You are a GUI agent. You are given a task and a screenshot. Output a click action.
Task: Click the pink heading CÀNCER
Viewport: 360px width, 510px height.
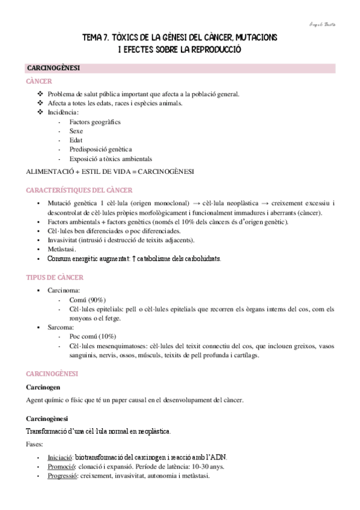[x=38, y=81]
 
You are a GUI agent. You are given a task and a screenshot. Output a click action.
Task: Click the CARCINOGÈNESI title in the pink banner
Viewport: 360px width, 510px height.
[x=53, y=69]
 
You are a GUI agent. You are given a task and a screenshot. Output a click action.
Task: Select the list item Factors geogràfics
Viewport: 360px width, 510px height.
[x=94, y=122]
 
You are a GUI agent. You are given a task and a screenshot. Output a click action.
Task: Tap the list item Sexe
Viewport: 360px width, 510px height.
[x=76, y=131]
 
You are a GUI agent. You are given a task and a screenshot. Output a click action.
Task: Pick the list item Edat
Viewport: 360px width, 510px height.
[x=76, y=141]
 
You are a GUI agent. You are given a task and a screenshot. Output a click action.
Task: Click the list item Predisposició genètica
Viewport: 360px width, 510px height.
[x=100, y=150]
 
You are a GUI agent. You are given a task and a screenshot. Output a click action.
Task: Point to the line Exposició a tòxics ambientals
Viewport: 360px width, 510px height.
[x=111, y=159]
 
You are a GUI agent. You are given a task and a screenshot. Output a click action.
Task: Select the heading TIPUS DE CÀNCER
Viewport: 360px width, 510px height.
[x=54, y=278]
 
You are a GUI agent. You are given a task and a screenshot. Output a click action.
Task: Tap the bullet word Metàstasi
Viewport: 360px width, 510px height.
[x=62, y=249]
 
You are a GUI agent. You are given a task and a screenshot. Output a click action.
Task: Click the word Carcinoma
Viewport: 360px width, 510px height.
[x=63, y=290]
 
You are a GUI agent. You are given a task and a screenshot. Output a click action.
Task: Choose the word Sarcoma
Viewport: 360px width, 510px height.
[x=61, y=327]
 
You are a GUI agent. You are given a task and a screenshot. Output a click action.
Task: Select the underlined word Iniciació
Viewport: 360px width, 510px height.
[x=62, y=457]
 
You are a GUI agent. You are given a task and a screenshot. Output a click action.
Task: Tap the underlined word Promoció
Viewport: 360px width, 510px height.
[x=63, y=467]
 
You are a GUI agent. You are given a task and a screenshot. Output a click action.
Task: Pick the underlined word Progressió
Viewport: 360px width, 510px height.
[x=64, y=476]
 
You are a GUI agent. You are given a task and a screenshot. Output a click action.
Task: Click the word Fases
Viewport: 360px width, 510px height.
[x=35, y=444]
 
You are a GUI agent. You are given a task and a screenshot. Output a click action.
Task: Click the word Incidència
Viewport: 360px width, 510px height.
[x=63, y=112]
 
